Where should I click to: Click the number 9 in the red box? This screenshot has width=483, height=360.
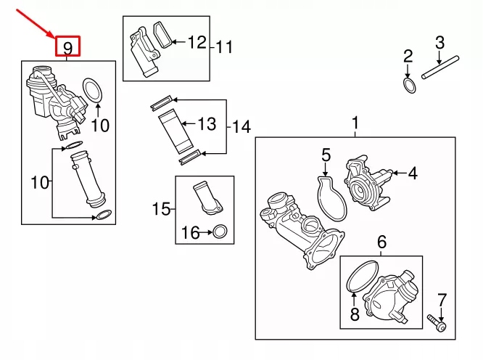pyautogui.click(x=68, y=48)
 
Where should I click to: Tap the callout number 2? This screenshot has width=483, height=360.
pyautogui.click(x=408, y=56)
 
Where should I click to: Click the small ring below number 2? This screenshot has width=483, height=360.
pyautogui.click(x=410, y=86)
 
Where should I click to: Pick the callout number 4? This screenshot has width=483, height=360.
pyautogui.click(x=413, y=173)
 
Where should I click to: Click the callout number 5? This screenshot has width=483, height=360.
pyautogui.click(x=326, y=155)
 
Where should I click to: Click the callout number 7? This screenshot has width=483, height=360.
pyautogui.click(x=442, y=298)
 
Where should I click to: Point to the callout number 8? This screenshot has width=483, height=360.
pyautogui.click(x=354, y=314)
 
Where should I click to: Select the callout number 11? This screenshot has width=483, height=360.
pyautogui.click(x=225, y=48)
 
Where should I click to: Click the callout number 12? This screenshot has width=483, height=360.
pyautogui.click(x=197, y=42)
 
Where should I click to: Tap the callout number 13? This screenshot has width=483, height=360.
pyautogui.click(x=207, y=124)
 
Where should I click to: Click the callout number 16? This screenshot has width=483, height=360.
pyautogui.click(x=190, y=233)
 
